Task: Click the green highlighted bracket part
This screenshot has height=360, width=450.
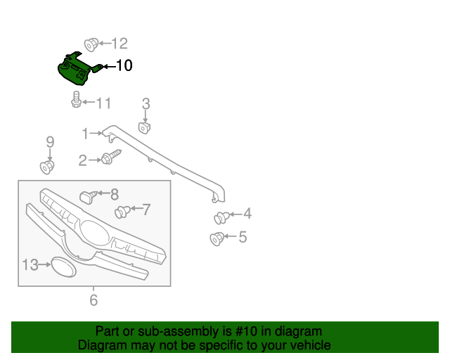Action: [x=76, y=68]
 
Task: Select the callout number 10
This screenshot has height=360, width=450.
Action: [x=123, y=66]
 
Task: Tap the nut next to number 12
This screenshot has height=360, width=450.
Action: [x=90, y=44]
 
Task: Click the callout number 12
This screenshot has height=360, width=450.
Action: [x=119, y=44]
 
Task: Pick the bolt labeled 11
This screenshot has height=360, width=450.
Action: [x=75, y=103]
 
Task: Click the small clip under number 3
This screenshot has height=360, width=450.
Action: [x=146, y=128]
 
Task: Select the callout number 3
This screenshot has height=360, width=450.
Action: [x=146, y=105]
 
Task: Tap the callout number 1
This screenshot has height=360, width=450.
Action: [x=85, y=133]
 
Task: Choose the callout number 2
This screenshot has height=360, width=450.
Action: [x=82, y=161]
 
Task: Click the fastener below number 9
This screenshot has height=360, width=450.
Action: [x=48, y=167]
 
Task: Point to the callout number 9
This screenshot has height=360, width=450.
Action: [x=50, y=142]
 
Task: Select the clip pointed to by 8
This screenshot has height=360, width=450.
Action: [x=88, y=195]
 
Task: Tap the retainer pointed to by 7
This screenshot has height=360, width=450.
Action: [x=122, y=210]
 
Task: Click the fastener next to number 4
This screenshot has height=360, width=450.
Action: [x=220, y=217]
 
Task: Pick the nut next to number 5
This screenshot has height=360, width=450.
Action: [x=217, y=239]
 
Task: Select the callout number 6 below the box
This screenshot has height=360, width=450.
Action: [x=94, y=301]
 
